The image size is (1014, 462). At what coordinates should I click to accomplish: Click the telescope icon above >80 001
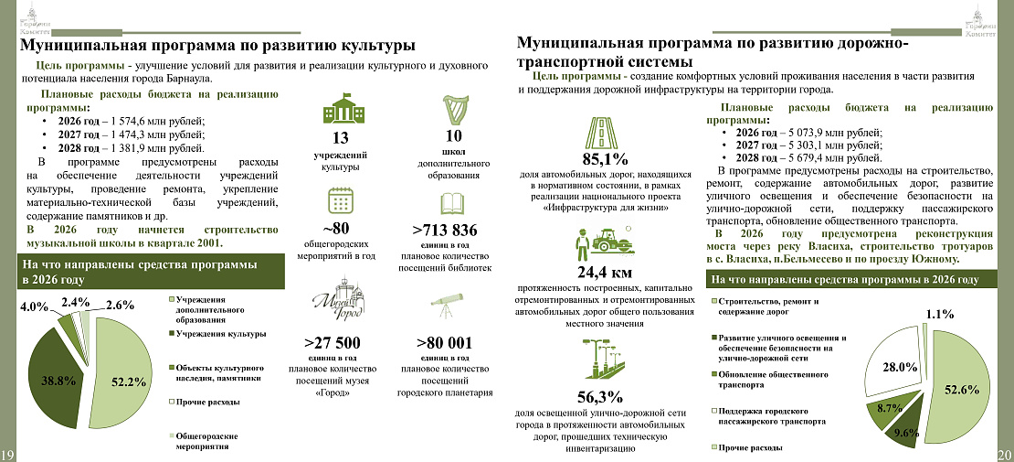coord(447,306)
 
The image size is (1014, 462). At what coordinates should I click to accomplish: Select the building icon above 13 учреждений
coord(341,111)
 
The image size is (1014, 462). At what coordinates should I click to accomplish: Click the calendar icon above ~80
coord(341,201)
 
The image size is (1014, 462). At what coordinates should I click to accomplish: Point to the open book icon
coord(452,202)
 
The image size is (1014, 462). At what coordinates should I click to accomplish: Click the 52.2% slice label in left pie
coord(129,381)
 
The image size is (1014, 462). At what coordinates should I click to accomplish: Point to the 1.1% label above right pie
coord(940,315)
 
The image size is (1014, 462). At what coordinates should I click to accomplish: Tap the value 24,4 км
coord(605,273)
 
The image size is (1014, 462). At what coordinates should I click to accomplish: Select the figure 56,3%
coord(600,397)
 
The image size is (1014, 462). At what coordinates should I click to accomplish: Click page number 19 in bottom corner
coord(8,455)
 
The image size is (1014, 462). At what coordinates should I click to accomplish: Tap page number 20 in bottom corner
coord(1004,455)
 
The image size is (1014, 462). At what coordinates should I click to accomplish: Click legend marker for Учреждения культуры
coord(172,335)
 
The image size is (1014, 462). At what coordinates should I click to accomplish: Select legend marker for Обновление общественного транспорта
coord(714,374)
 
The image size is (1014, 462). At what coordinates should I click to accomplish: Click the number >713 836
coord(445,230)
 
